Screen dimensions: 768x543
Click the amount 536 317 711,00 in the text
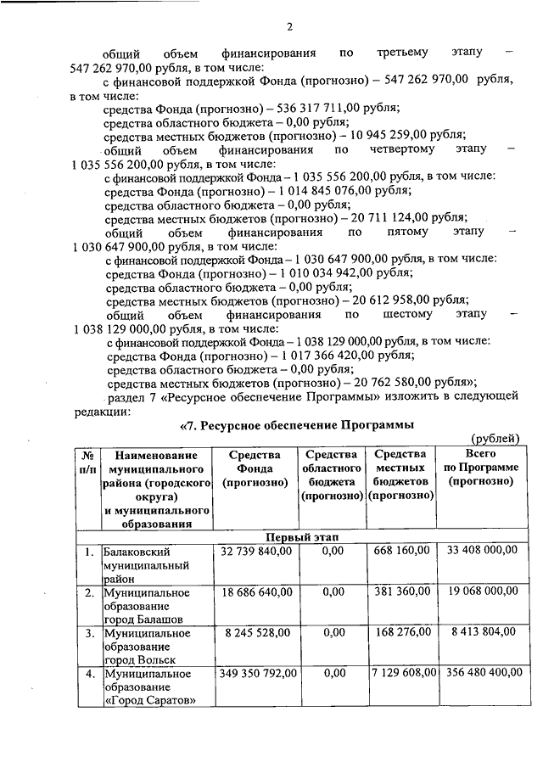pyautogui.click(x=309, y=108)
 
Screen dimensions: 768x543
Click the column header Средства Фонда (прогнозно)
pyautogui.click(x=255, y=468)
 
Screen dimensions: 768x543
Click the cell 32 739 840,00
pyautogui.click(x=255, y=552)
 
